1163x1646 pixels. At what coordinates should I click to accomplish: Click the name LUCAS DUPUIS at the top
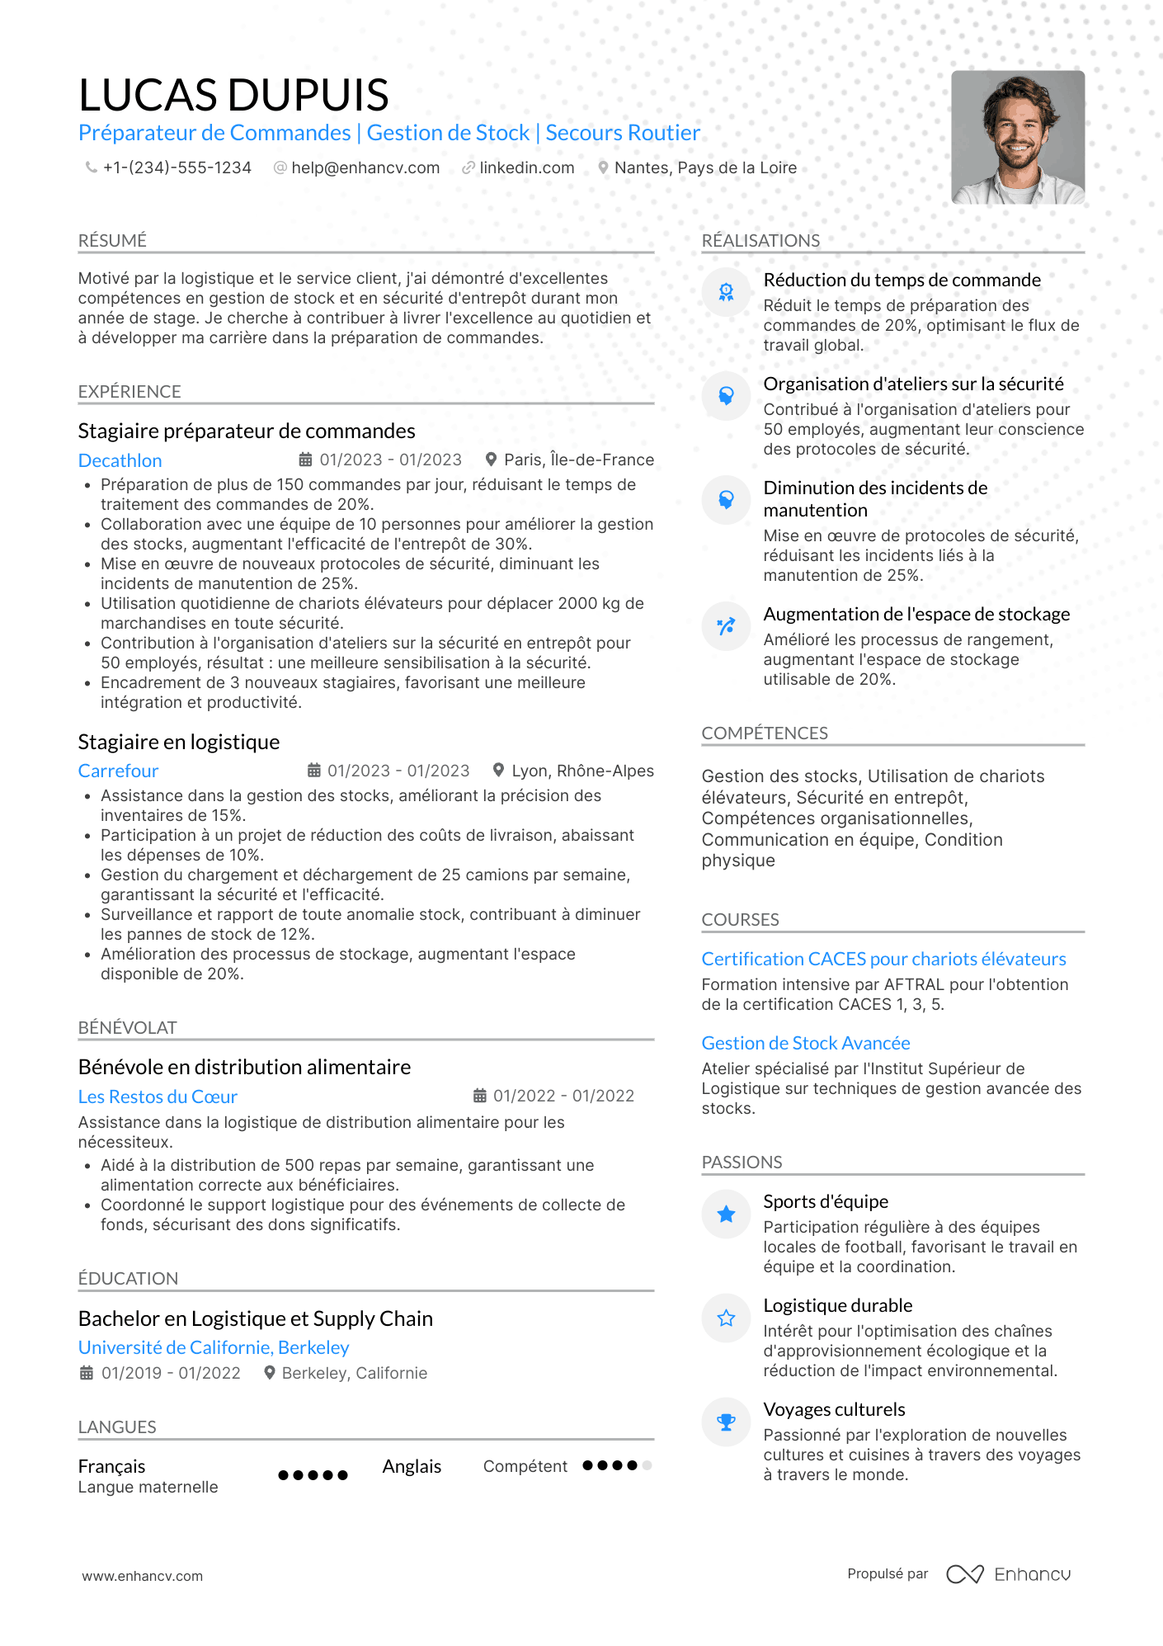click(x=233, y=95)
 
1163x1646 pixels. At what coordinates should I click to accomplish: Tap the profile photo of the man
click(x=1017, y=137)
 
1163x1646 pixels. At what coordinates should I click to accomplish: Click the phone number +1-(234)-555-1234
click(x=177, y=167)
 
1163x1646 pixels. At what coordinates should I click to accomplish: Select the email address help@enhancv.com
click(x=365, y=167)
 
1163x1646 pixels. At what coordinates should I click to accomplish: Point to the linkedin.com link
click(x=526, y=167)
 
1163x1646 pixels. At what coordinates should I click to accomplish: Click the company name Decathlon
click(x=120, y=460)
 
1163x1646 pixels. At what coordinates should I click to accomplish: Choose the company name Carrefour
click(x=118, y=771)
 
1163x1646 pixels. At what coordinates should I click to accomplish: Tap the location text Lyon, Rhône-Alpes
click(x=582, y=771)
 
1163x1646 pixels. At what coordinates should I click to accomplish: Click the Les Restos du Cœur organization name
click(x=158, y=1097)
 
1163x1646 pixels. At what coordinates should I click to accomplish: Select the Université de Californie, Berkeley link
click(x=214, y=1347)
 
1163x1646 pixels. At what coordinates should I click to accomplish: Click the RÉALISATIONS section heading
click(x=760, y=240)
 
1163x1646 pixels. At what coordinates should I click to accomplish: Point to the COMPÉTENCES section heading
click(x=765, y=733)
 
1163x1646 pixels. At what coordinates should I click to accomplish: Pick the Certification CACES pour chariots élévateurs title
click(x=883, y=959)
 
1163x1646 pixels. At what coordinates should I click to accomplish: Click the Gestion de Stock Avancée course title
click(x=806, y=1043)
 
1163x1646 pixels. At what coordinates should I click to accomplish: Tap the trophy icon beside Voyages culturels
click(x=726, y=1422)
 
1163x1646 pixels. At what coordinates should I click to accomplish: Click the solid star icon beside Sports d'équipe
click(x=726, y=1214)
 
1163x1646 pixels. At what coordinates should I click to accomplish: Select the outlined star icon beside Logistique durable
click(x=726, y=1318)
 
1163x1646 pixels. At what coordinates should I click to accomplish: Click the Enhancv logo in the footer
click(x=1009, y=1574)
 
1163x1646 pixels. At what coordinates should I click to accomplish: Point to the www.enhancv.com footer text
click(x=142, y=1576)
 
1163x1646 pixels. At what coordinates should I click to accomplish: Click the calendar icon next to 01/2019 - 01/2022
click(x=87, y=1373)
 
